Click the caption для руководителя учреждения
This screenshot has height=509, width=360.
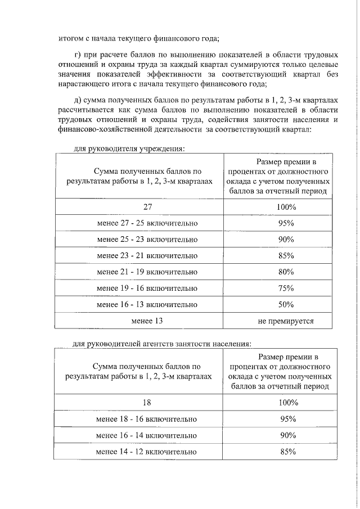[x=129, y=149]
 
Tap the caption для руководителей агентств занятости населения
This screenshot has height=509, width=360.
[x=163, y=344]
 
